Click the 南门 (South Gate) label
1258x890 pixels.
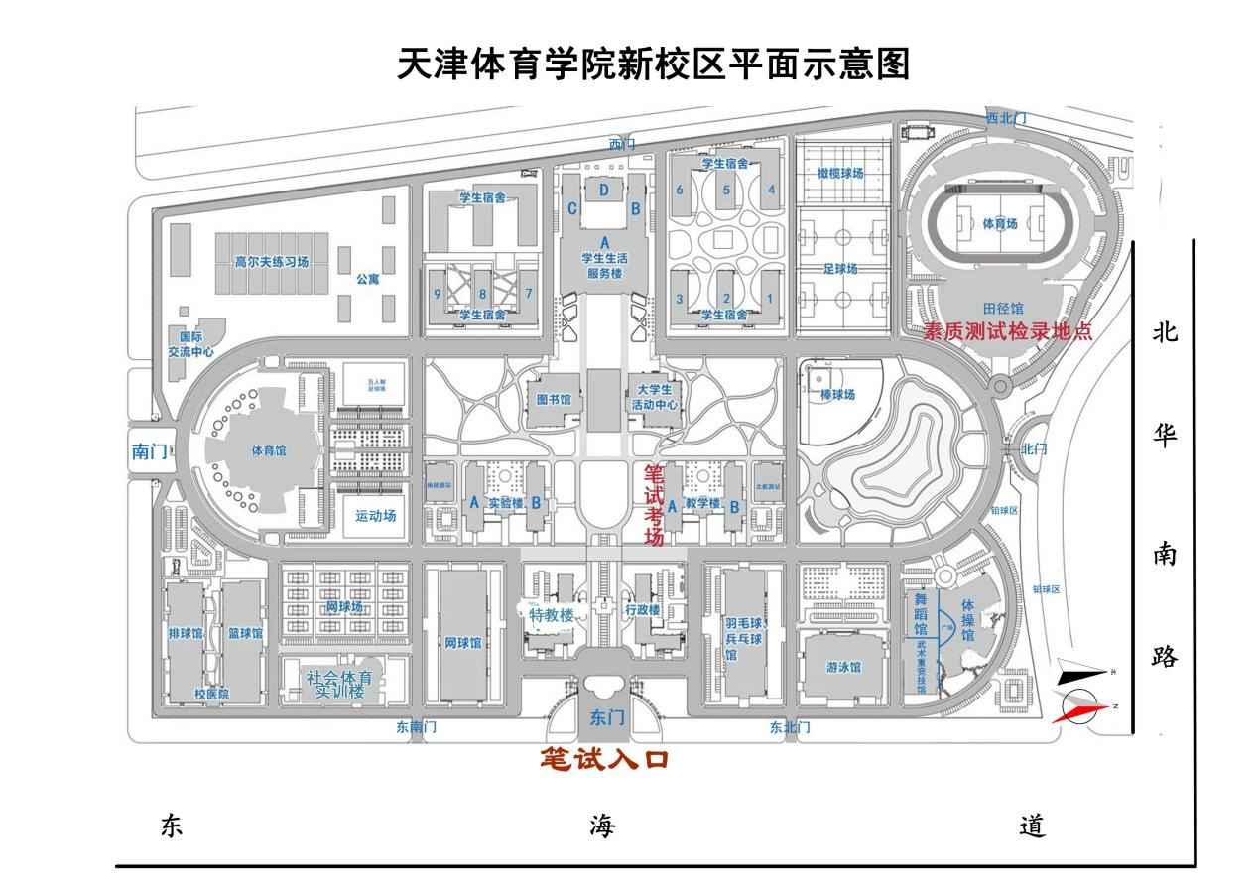[150, 451]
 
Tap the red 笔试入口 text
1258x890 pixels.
[604, 760]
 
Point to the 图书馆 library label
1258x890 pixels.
[554, 399]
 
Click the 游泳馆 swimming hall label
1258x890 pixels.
[843, 667]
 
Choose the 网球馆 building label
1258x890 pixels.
[463, 643]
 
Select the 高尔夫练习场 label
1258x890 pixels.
[272, 263]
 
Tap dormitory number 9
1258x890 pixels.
[437, 294]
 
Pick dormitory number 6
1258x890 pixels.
[680, 189]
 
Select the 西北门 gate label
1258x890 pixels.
[1005, 118]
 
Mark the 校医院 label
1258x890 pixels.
[211, 695]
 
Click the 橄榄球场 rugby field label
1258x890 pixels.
[840, 173]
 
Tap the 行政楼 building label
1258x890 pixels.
[643, 611]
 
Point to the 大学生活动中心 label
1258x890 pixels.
[654, 397]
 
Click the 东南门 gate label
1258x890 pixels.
[416, 727]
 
